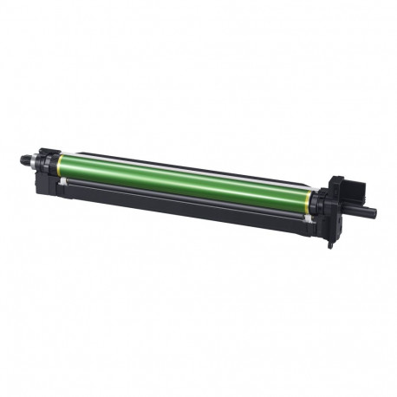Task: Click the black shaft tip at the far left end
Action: pyautogui.click(x=23, y=160)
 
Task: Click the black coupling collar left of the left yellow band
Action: pyautogui.click(x=47, y=164)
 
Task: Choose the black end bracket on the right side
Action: pyautogui.click(x=334, y=217)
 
